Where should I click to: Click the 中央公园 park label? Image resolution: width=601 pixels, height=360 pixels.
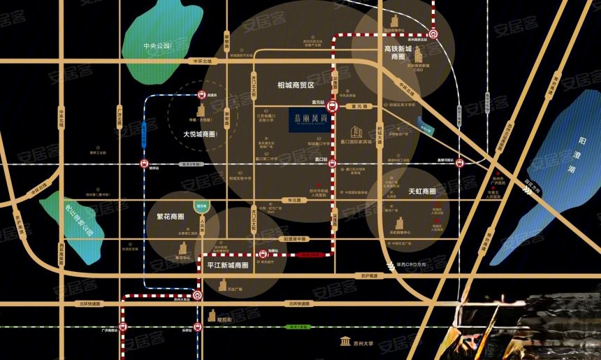pyautogui.click(x=157, y=46)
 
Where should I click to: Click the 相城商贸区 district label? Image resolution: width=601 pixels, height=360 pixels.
pyautogui.click(x=296, y=84)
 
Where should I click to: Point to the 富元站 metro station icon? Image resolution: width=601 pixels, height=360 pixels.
pyautogui.click(x=333, y=107)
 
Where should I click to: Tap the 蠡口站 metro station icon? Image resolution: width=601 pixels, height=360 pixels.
pyautogui.click(x=333, y=166)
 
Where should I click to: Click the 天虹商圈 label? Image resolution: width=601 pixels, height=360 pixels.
pyautogui.click(x=421, y=190)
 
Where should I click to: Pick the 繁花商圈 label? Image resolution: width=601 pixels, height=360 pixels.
pyautogui.click(x=171, y=216)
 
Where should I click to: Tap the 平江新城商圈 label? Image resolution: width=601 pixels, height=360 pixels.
pyautogui.click(x=228, y=266)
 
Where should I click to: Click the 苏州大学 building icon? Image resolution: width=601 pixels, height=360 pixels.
pyautogui.click(x=345, y=341)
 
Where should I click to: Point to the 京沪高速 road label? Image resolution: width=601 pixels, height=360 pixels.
pyautogui.click(x=368, y=276)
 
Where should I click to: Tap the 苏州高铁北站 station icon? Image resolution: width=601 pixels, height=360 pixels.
pyautogui.click(x=433, y=33)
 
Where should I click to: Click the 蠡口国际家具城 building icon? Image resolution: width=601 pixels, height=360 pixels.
pyautogui.click(x=356, y=131)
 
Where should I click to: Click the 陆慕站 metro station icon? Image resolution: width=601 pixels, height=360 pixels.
pyautogui.click(x=263, y=255)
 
